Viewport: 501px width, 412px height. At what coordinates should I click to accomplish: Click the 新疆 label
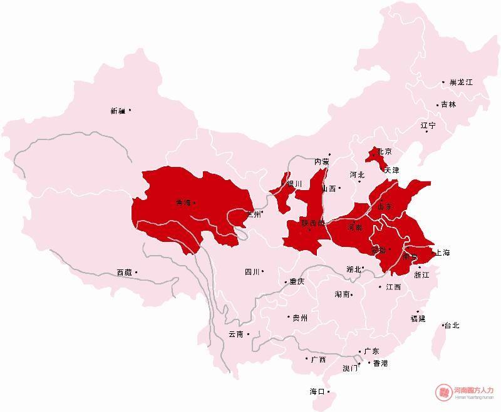pyautogui.click(x=118, y=111)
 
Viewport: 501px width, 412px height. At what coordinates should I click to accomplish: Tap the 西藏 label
pyautogui.click(x=124, y=273)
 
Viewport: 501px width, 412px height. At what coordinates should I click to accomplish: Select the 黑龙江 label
pyautogui.click(x=461, y=83)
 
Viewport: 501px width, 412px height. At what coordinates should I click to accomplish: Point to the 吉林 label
pyautogui.click(x=448, y=104)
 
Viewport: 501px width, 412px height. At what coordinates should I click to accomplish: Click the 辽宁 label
pyautogui.click(x=428, y=126)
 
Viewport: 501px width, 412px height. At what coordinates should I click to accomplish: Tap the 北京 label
pyautogui.click(x=385, y=152)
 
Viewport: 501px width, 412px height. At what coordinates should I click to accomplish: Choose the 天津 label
pyautogui.click(x=391, y=170)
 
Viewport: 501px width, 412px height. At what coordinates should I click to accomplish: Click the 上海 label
pyautogui.click(x=442, y=253)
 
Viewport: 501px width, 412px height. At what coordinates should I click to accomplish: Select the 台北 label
pyautogui.click(x=452, y=325)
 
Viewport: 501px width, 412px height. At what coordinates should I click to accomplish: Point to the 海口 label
pyautogui.click(x=317, y=391)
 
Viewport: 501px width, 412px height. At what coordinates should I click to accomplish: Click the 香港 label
pyautogui.click(x=380, y=363)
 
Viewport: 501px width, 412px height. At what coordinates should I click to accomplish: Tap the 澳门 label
pyautogui.click(x=350, y=368)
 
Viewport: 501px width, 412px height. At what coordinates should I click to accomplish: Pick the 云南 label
pyautogui.click(x=236, y=334)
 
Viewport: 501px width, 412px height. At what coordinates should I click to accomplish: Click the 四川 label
pyautogui.click(x=252, y=272)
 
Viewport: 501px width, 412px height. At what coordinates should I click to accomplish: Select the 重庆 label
pyautogui.click(x=296, y=282)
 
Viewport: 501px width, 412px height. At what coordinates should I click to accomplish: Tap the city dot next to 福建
pyautogui.click(x=418, y=311)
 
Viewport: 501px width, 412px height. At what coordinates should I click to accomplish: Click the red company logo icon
pyautogui.click(x=443, y=392)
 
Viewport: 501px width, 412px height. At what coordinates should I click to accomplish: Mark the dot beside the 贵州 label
pyautogui.click(x=289, y=318)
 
